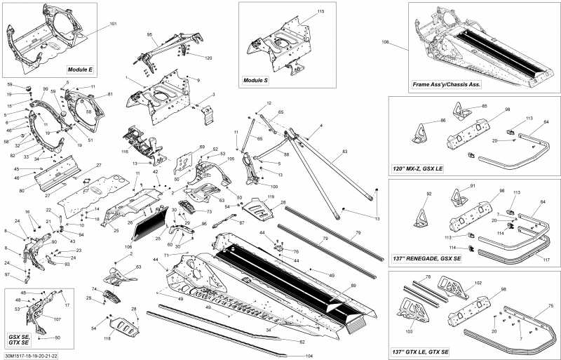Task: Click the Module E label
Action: click(81, 70)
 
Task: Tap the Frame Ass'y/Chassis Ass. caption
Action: click(447, 84)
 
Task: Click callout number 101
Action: click(113, 25)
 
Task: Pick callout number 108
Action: click(385, 43)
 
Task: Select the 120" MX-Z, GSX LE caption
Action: click(421, 170)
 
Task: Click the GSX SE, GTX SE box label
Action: click(19, 339)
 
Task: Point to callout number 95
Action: click(149, 34)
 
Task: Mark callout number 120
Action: click(208, 57)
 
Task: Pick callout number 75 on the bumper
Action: click(550, 305)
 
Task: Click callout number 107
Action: click(57, 319)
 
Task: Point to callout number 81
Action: click(110, 94)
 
